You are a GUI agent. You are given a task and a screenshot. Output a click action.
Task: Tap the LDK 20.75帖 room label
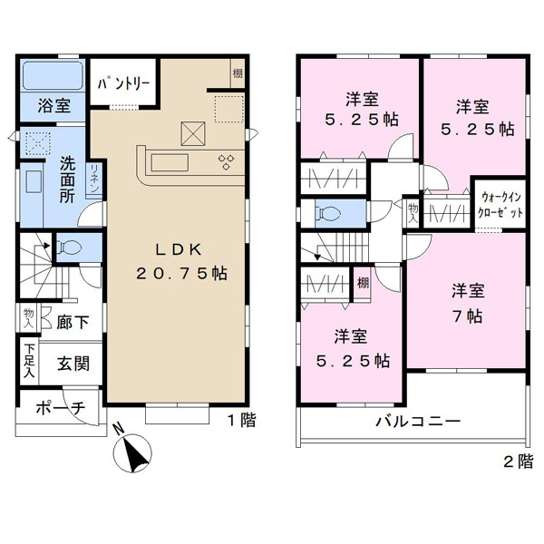(x=181, y=261)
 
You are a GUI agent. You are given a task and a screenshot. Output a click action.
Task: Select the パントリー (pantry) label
(x=124, y=83)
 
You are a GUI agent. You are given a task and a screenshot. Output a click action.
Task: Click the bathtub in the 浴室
(x=53, y=75)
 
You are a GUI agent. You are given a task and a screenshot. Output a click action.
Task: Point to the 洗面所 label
(x=67, y=180)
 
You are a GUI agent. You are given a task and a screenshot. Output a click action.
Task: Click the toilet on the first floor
(x=70, y=248)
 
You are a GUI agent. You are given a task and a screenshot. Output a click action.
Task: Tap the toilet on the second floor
(x=327, y=213)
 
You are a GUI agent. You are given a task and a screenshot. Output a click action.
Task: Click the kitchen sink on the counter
(x=170, y=162)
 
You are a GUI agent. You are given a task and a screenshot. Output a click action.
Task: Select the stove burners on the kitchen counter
(x=226, y=162)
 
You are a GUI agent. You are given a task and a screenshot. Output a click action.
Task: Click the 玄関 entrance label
(x=73, y=364)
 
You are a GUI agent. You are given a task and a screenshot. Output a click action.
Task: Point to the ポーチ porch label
(x=61, y=408)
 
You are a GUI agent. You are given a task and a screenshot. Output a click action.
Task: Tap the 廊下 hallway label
(x=73, y=322)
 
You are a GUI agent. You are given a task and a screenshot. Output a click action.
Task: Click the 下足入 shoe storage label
(x=30, y=361)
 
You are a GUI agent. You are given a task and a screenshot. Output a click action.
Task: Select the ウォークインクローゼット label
(x=500, y=205)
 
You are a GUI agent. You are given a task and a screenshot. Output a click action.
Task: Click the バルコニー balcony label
(x=418, y=422)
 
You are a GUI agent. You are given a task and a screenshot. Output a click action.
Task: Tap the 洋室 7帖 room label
(x=468, y=303)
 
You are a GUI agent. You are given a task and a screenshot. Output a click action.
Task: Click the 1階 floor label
(x=242, y=421)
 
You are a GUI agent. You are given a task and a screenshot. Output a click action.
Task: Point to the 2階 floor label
(x=519, y=461)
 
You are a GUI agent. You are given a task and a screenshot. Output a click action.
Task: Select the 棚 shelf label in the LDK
(x=238, y=73)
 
